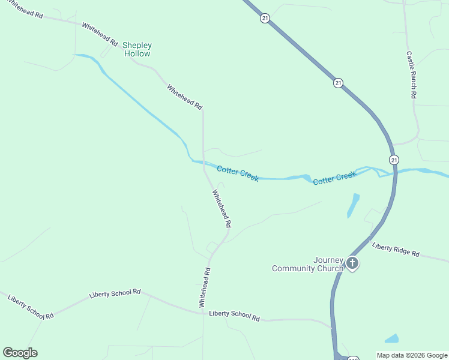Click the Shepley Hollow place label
click(x=137, y=49)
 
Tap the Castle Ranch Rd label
click(x=411, y=74)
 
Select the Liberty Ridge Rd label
click(x=396, y=250)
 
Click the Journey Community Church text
click(x=307, y=264)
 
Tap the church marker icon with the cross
click(x=352, y=263)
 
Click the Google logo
click(x=20, y=353)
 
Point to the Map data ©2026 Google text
click(x=412, y=355)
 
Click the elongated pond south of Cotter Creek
click(x=353, y=205)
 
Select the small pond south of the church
click(x=391, y=338)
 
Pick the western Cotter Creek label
click(x=238, y=173)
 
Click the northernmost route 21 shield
click(x=265, y=19)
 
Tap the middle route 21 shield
click(x=339, y=83)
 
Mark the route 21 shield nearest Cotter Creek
click(x=393, y=160)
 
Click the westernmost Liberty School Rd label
click(x=30, y=306)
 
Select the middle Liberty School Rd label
click(x=115, y=293)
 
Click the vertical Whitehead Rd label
click(x=205, y=287)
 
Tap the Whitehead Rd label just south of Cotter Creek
click(x=221, y=208)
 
